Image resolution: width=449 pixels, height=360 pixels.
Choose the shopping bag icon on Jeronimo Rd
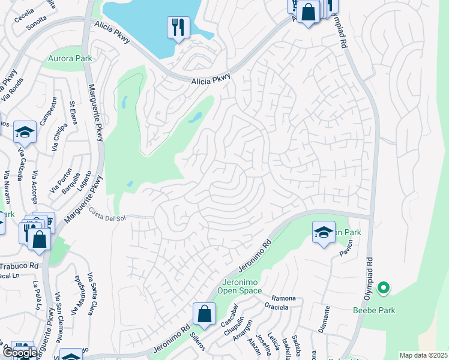point(204,314)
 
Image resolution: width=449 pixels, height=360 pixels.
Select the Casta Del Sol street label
point(107,214)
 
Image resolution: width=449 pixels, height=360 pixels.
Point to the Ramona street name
point(284,298)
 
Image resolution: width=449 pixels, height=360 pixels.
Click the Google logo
point(20,352)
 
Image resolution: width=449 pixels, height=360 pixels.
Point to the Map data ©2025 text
point(423,355)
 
